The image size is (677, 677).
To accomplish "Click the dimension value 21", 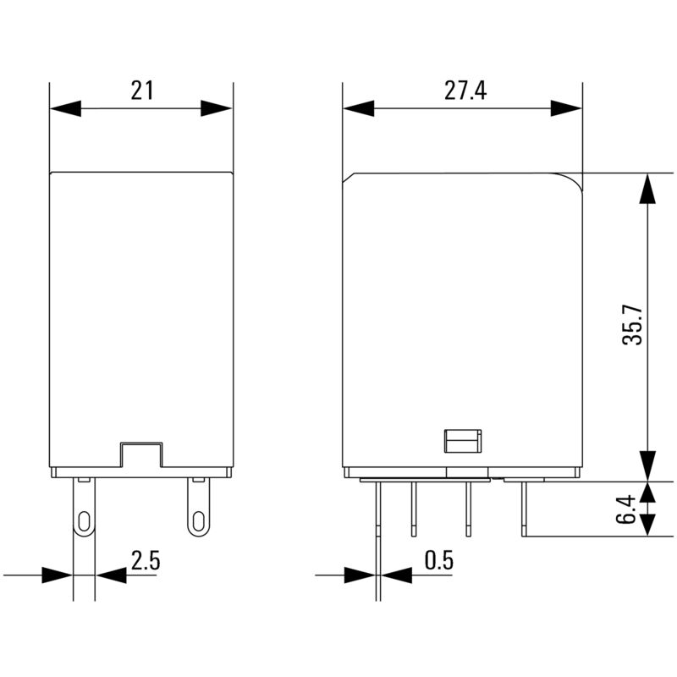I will point(141,91).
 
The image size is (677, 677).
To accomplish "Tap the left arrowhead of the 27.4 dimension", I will point(358,108).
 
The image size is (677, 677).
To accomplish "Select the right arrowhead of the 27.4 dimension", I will point(566,108).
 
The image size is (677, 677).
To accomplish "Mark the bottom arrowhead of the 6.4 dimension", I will point(647,522).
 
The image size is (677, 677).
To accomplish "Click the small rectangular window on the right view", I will point(463,441).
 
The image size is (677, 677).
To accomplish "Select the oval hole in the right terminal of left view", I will point(198,520).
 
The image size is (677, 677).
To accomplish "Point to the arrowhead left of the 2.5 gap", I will point(57,575).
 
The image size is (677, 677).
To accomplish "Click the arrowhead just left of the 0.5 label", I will point(396,575).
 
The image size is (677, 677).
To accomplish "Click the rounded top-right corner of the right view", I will point(573,181).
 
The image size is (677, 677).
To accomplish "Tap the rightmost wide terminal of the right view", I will point(525,508).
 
